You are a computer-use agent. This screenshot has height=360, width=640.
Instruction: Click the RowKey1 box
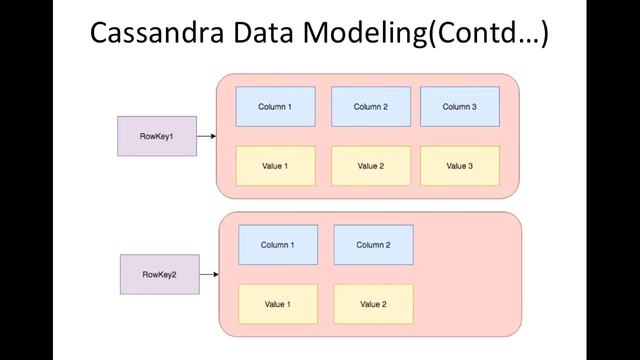pos(157,136)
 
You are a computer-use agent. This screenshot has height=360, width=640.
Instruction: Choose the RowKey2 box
pos(159,274)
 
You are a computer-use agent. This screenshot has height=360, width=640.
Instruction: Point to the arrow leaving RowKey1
pos(207,136)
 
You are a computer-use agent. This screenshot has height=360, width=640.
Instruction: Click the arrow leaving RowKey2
pos(209,274)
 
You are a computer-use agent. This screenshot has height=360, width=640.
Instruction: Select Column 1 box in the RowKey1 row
pos(275,107)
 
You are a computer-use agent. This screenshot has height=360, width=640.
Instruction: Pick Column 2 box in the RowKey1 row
pos(370,107)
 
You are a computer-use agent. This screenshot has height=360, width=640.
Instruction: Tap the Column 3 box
pos(459,107)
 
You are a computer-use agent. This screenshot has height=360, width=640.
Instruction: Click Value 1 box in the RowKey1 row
pos(275,166)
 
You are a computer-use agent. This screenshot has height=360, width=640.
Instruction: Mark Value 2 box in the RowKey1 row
pos(370,166)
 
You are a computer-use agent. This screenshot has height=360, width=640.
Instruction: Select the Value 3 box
pos(459,166)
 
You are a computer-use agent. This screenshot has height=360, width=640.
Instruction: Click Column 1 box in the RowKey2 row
pos(277,245)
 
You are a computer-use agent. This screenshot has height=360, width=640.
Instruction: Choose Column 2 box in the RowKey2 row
pos(373,245)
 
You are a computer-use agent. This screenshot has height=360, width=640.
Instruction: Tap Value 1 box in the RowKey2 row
pos(277,304)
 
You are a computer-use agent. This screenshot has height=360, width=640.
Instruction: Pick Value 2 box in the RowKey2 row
pos(373,304)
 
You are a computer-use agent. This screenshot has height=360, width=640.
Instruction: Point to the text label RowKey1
pos(157,136)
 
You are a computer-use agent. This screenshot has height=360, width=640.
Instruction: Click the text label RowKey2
pos(159,274)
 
